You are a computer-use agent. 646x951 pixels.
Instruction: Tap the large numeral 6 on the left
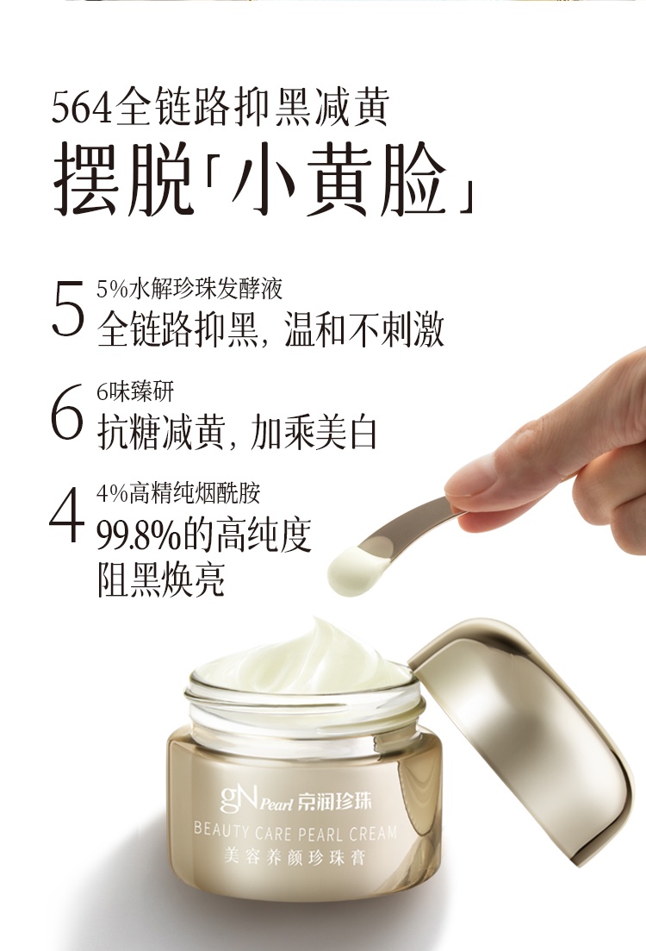point(66,411)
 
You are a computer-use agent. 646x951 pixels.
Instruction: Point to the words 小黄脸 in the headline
point(339,180)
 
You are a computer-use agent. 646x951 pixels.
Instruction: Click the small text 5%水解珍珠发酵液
point(189,289)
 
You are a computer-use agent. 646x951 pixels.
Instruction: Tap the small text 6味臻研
point(135,391)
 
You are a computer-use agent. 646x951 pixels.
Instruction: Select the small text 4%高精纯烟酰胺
point(179,494)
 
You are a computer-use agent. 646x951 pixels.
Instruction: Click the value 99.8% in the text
point(139,535)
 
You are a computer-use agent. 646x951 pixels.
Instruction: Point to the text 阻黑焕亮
point(160,579)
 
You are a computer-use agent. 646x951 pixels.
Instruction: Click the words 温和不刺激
point(364,330)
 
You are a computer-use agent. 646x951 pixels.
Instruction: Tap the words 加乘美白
point(314,433)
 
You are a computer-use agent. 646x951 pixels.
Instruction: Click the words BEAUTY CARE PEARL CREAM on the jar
point(295,831)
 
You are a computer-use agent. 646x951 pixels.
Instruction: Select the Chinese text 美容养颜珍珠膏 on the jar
point(295,856)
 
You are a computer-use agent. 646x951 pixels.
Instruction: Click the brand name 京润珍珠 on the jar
point(334,802)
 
